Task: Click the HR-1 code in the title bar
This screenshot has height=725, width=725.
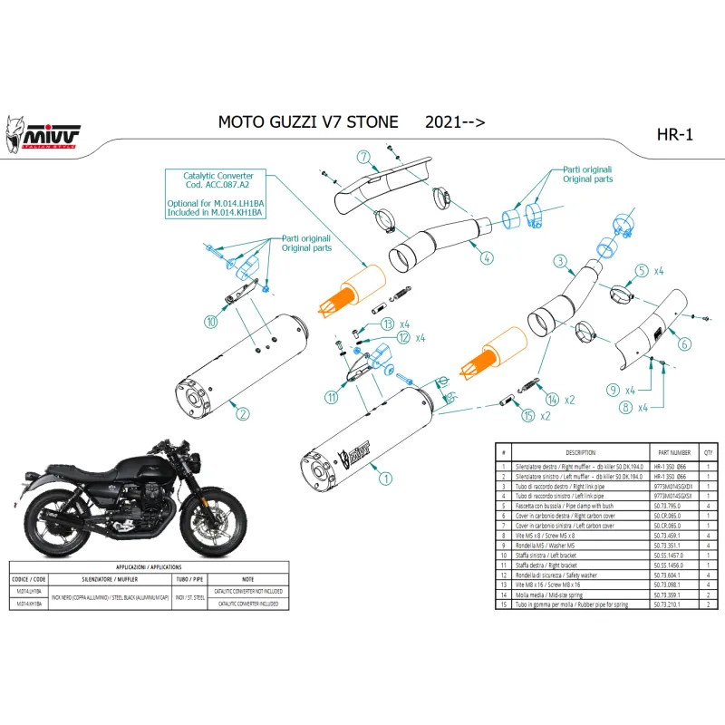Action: (x=674, y=135)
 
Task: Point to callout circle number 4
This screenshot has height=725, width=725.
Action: (x=487, y=257)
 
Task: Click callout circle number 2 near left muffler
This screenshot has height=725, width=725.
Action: (x=242, y=414)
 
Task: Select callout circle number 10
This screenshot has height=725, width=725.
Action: (x=211, y=321)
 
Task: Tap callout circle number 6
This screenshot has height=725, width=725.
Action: (x=684, y=343)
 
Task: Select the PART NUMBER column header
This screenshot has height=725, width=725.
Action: (x=672, y=451)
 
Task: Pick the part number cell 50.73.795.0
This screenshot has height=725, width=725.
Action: (x=672, y=507)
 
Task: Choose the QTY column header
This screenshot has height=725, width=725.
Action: (x=709, y=451)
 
